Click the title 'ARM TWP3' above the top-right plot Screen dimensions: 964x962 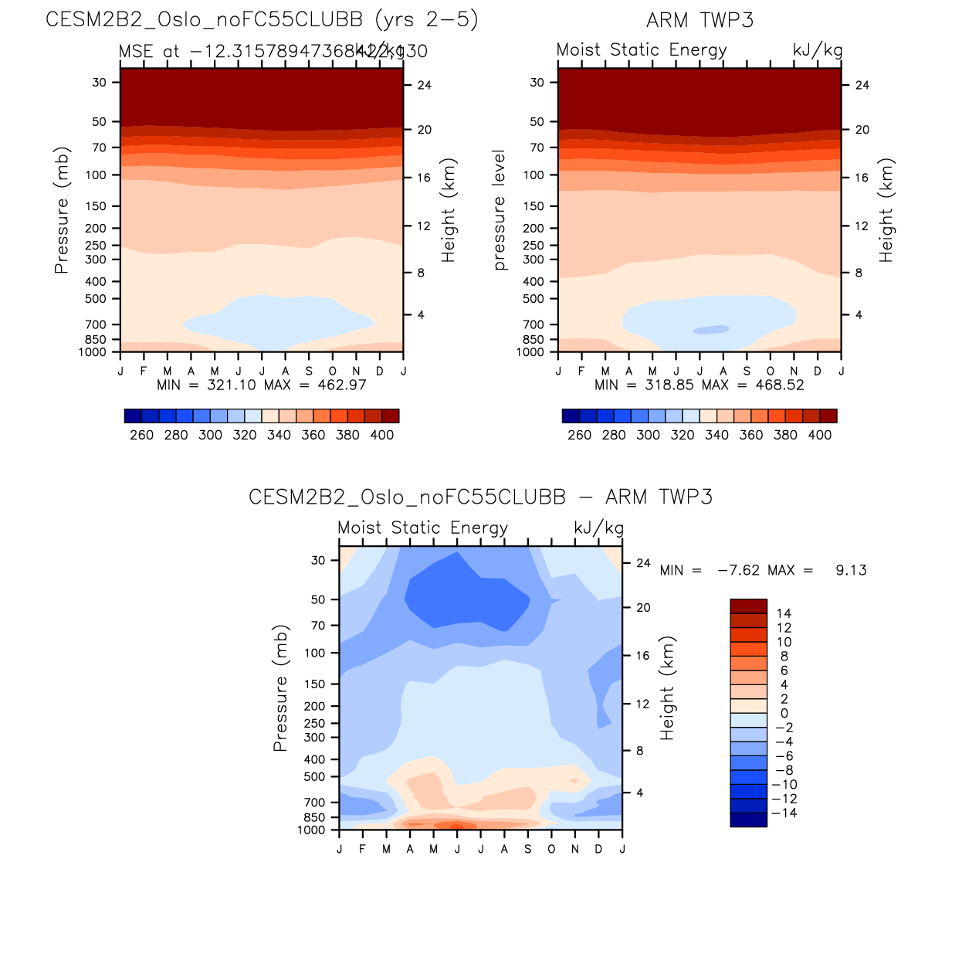click(699, 20)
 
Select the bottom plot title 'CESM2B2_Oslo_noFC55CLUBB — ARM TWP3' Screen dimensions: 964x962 click(480, 497)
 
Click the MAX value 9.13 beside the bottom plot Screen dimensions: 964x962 click(851, 570)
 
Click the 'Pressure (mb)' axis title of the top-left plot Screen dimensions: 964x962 click(62, 210)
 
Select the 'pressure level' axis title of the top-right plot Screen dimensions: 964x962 click(500, 210)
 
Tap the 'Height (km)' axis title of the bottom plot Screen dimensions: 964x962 click(667, 688)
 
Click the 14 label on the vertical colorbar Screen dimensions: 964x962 click(784, 613)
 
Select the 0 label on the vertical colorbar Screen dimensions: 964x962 click(784, 713)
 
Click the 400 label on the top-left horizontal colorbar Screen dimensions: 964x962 click(382, 435)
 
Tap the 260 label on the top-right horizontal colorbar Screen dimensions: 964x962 click(579, 435)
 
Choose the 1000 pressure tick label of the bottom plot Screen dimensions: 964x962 click(311, 830)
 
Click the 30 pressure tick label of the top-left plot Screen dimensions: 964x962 click(100, 82)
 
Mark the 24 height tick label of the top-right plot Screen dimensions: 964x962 click(862, 85)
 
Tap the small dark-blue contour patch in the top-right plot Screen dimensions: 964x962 click(711, 330)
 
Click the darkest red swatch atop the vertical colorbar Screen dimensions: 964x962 click(748, 606)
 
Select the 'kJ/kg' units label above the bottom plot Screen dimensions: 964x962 click(598, 528)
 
